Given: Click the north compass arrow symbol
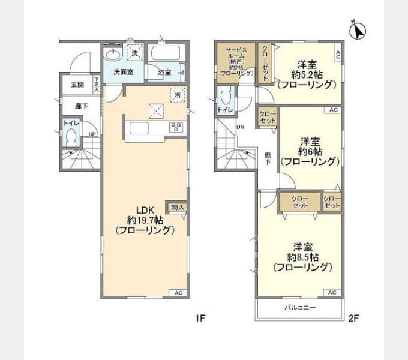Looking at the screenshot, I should (x=359, y=29).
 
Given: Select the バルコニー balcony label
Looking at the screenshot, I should (x=300, y=308).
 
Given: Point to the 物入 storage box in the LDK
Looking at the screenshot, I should (x=178, y=207).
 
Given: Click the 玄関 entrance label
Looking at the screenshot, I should (x=77, y=85).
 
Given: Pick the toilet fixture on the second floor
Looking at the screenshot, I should (x=225, y=97).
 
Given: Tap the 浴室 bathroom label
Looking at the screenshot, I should (x=164, y=73).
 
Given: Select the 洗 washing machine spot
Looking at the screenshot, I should (x=135, y=53).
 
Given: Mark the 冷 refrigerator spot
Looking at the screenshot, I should (x=178, y=95).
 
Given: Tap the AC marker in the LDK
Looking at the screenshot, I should (x=178, y=292).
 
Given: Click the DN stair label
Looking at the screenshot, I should (x=240, y=127).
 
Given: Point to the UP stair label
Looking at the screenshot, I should (x=92, y=134).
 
